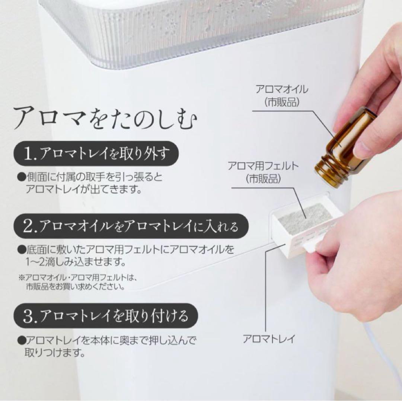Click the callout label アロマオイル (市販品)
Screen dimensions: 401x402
pos(281,95)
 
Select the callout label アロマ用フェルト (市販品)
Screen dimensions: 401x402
pos(263,172)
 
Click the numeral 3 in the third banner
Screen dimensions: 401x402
pos(28,316)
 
